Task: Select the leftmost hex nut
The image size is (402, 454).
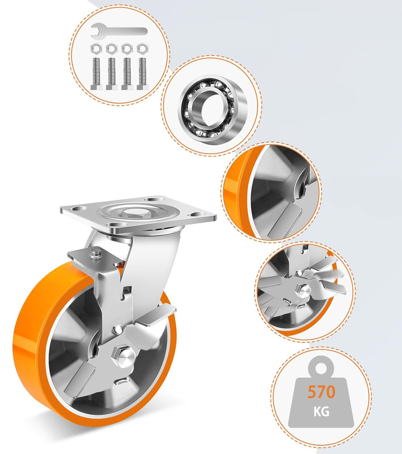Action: point(96,48)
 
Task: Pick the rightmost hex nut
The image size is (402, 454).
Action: point(142,48)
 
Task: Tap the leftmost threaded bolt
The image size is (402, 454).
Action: point(96,74)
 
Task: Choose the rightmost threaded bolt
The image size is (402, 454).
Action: point(142,74)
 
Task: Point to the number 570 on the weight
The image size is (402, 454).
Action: point(321,392)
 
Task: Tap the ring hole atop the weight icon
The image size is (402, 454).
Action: point(321,367)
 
